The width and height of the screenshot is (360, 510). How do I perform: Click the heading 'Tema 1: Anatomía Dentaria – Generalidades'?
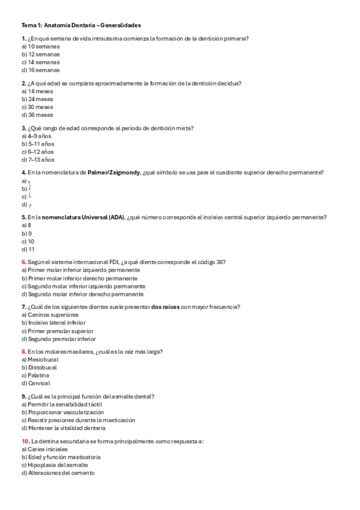(81, 26)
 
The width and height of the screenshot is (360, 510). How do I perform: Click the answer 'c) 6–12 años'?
(37, 152)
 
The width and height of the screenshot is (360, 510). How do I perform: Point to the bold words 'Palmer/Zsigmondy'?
(114, 173)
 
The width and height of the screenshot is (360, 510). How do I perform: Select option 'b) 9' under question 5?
(26, 233)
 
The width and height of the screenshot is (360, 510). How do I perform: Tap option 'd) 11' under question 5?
(28, 249)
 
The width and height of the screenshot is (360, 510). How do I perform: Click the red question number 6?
(23, 262)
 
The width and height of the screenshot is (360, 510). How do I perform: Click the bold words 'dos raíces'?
(165, 307)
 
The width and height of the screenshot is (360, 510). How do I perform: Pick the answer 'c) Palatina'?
(35, 375)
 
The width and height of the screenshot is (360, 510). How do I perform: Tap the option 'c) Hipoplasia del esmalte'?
(55, 465)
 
